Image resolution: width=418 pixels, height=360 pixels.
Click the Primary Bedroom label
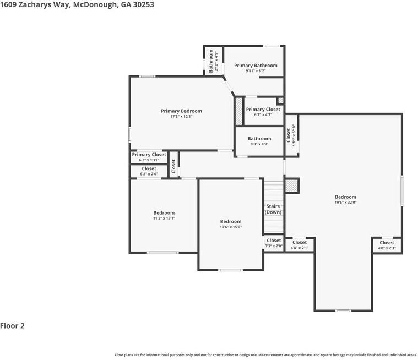click(x=181, y=111)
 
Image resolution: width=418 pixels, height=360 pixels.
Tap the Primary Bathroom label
click(x=256, y=66)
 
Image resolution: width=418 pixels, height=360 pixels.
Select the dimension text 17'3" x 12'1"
click(x=181, y=117)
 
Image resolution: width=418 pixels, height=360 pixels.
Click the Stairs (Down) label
click(x=273, y=209)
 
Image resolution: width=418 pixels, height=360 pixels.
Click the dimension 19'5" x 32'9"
click(x=345, y=203)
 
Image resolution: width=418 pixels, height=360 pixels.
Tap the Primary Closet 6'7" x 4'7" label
click(x=263, y=112)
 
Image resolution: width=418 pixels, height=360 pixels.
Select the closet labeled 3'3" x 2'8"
click(x=274, y=243)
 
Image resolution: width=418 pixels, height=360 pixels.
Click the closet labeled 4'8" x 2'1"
click(x=300, y=245)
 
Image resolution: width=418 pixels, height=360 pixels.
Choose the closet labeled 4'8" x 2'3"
click(x=387, y=245)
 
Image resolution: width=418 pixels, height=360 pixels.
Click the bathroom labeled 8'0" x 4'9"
click(x=259, y=141)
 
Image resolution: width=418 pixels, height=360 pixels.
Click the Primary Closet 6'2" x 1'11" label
click(x=149, y=157)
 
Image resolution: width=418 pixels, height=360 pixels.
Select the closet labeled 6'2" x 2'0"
click(x=149, y=171)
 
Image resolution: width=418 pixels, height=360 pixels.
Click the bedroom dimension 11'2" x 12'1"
click(x=164, y=219)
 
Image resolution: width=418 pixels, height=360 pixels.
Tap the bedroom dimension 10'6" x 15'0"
click(x=230, y=227)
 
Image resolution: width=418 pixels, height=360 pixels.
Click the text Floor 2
click(x=13, y=326)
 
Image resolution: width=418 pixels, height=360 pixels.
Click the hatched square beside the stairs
click(x=291, y=186)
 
